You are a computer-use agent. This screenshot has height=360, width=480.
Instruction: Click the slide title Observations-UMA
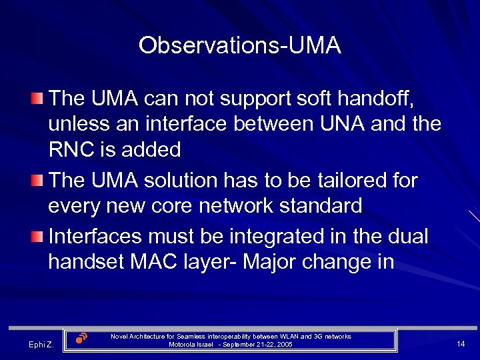240,46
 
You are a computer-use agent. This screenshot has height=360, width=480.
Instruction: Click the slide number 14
461,343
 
